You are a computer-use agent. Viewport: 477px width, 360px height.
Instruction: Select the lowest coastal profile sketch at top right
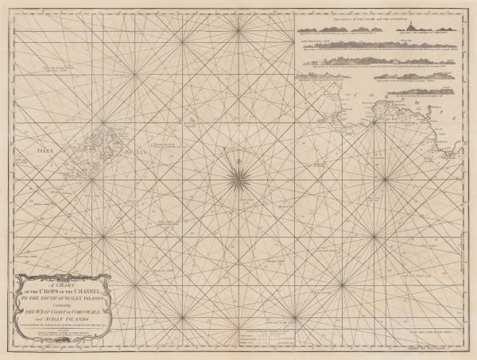click(390, 95)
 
